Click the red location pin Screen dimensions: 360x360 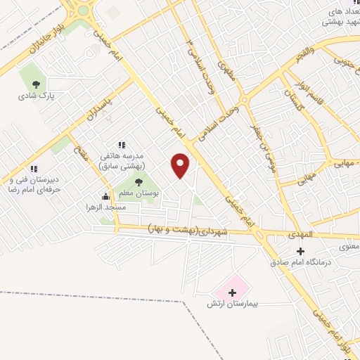tap(181, 165)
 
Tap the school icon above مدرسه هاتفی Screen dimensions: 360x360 tap(122, 145)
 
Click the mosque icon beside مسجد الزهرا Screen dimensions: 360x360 tap(105, 196)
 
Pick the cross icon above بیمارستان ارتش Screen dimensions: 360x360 tap(233, 292)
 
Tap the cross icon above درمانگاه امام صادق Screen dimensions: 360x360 tap(300, 251)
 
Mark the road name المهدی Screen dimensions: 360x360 tap(304, 234)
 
